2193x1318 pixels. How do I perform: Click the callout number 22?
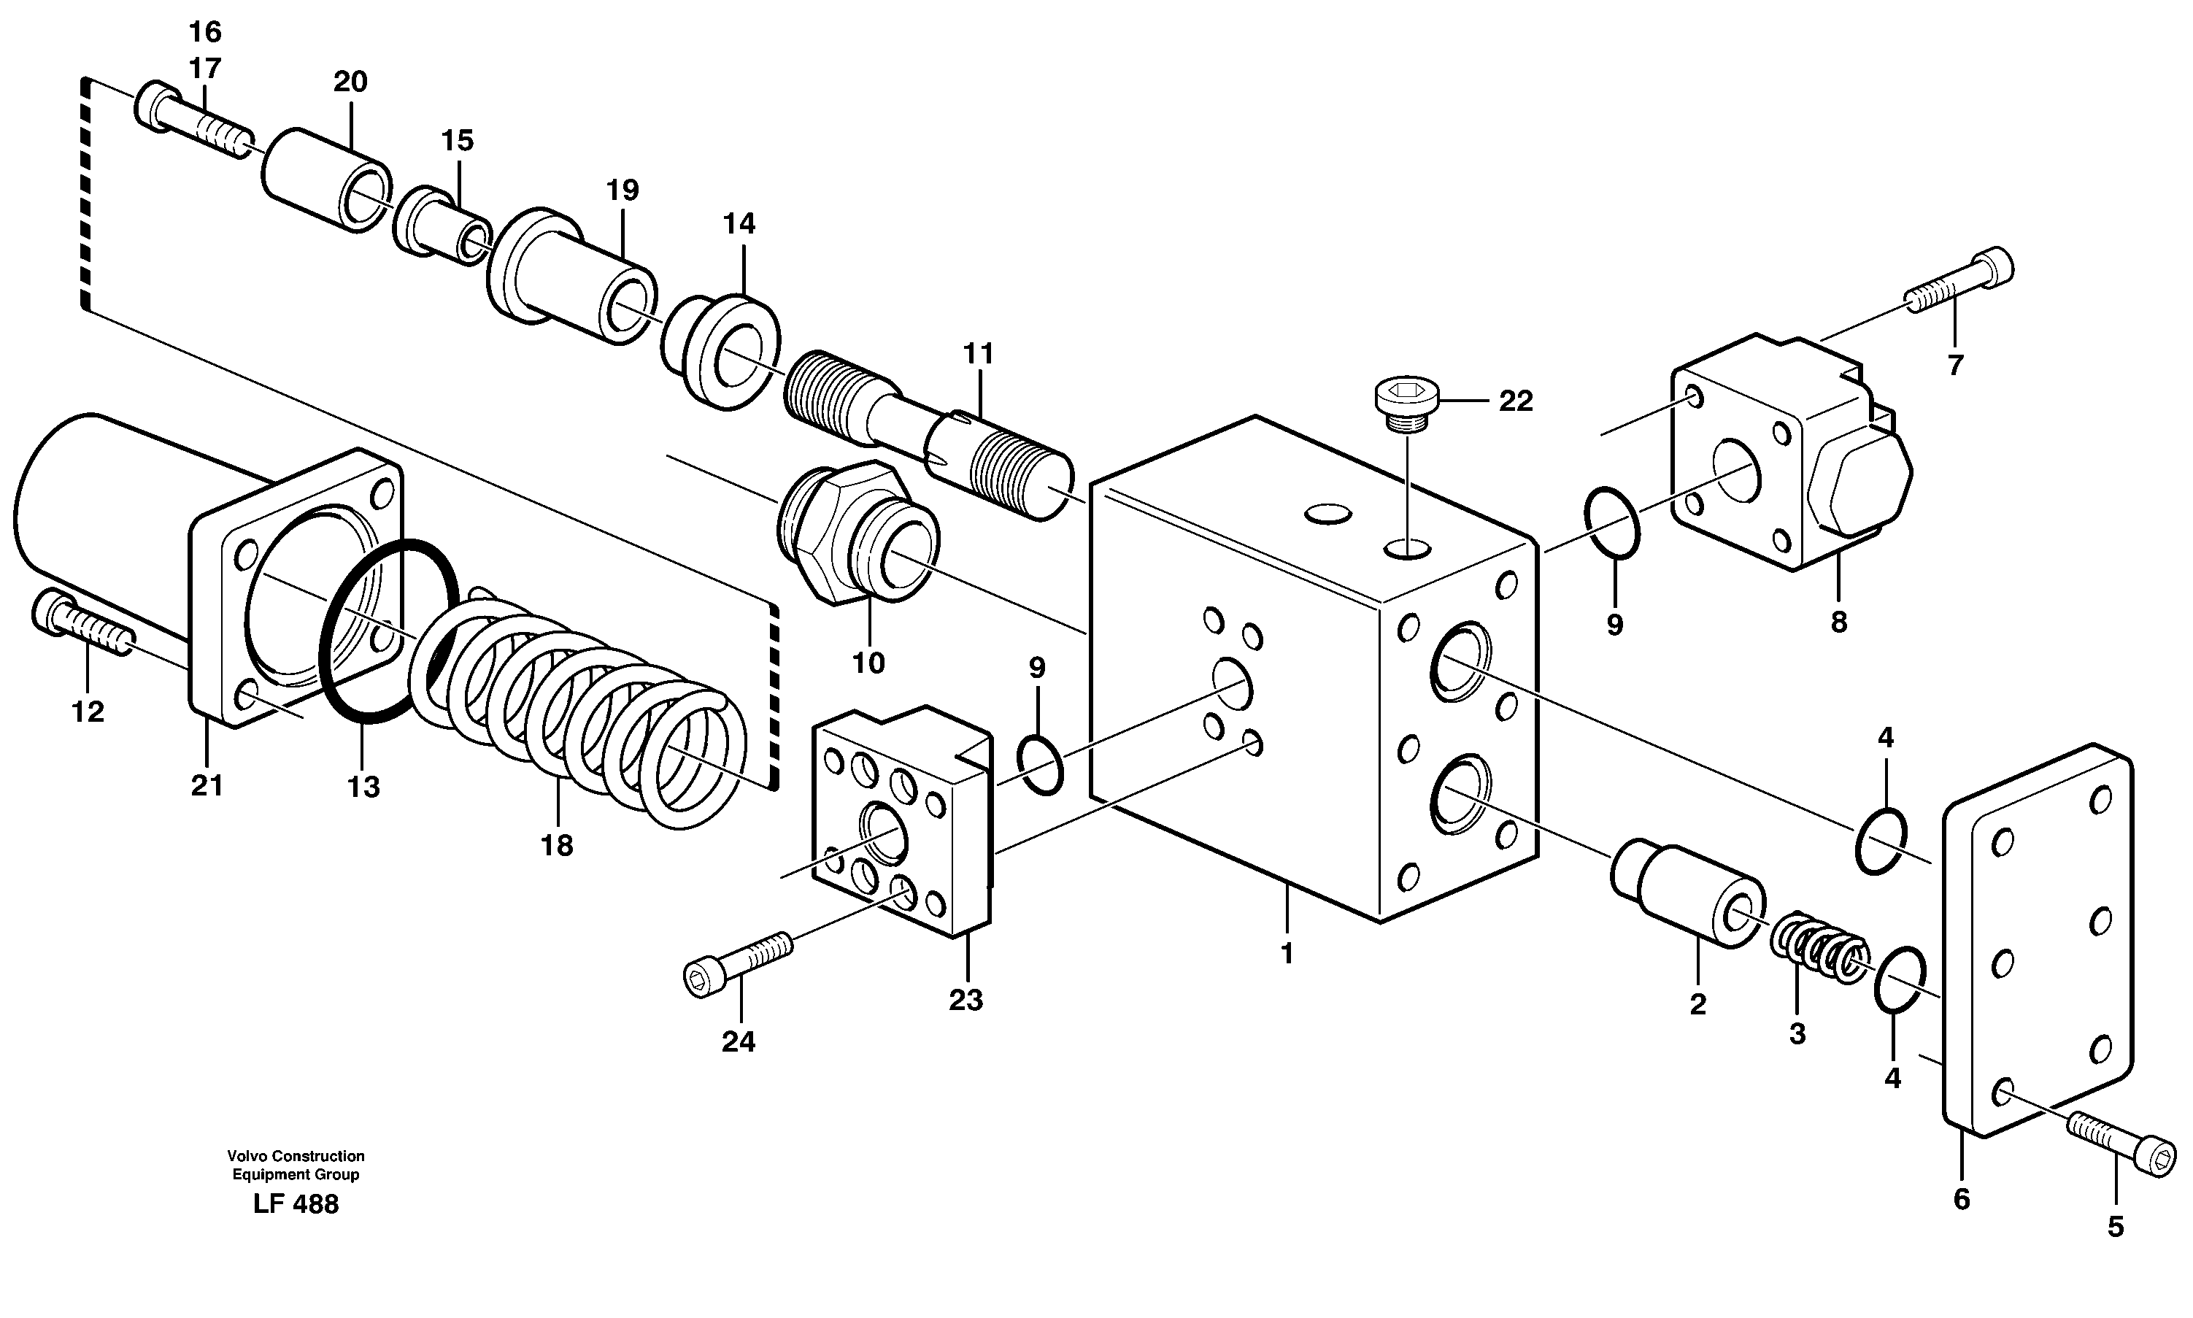[x=1516, y=401]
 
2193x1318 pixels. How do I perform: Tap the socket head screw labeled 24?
[x=737, y=963]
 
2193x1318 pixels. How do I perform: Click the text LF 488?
[x=296, y=1204]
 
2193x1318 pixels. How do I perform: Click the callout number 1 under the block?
[x=1287, y=954]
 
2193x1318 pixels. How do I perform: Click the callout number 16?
[x=204, y=33]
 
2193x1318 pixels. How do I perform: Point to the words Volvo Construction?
[x=296, y=1155]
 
